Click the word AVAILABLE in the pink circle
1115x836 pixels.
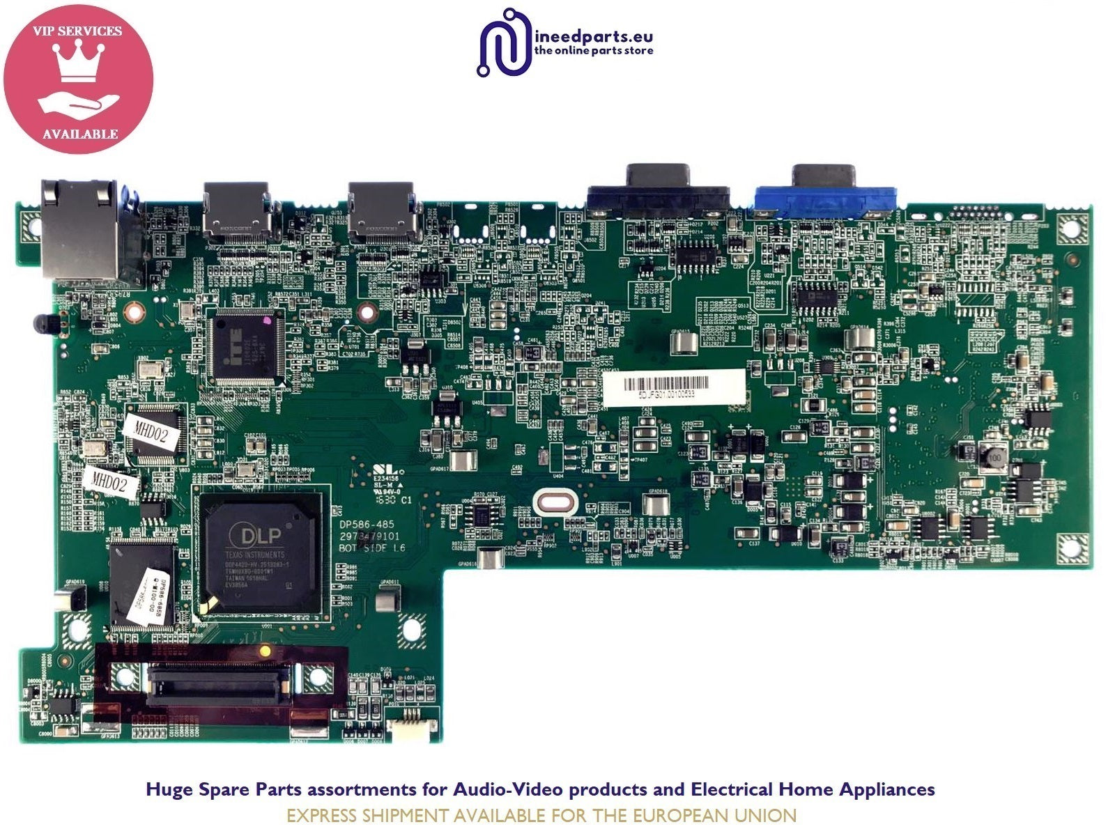coord(79,134)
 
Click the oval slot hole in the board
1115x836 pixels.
coord(555,503)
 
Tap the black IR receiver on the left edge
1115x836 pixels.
coord(43,323)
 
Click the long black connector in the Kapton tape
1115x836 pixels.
coord(220,679)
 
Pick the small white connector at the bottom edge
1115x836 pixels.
coord(410,729)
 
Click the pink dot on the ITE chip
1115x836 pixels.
coord(266,321)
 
